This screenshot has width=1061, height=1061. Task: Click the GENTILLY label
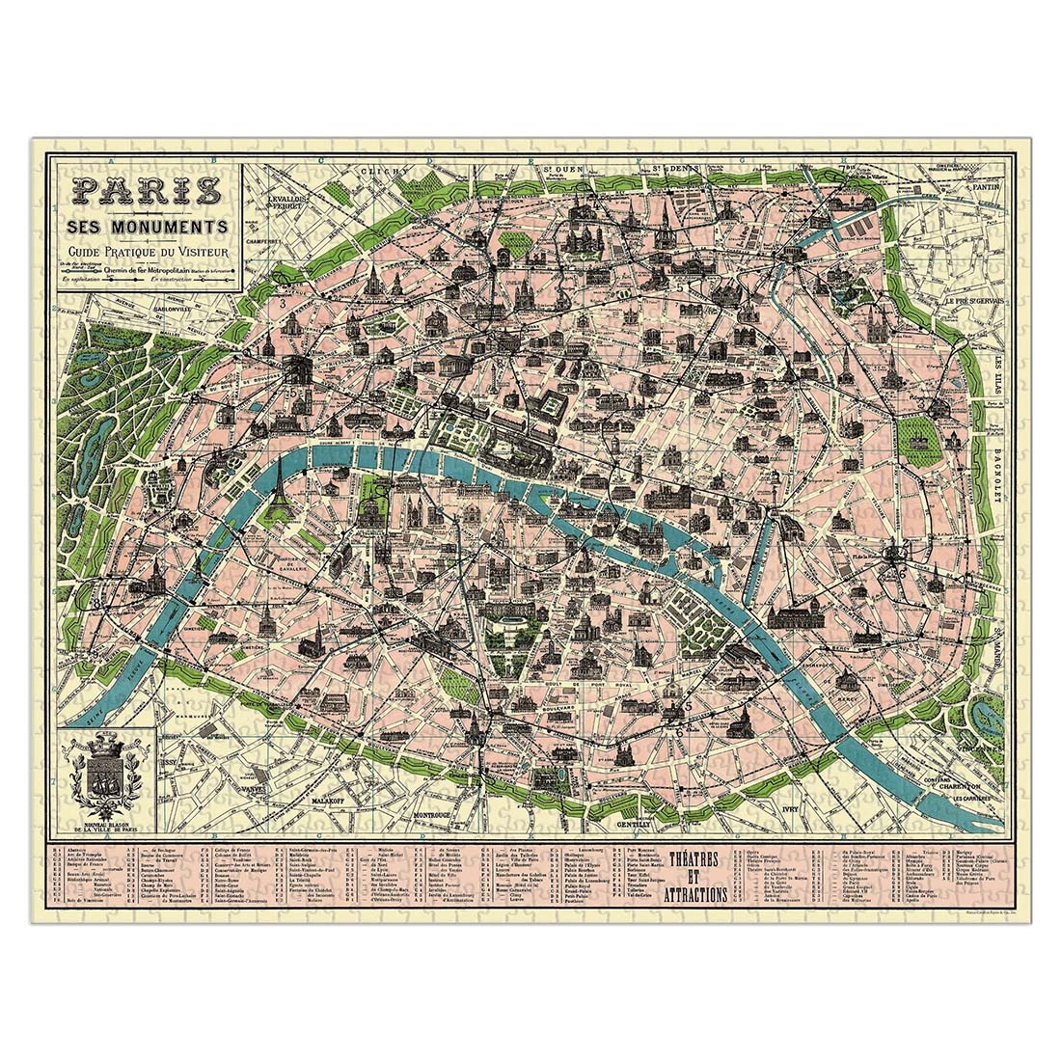point(635,827)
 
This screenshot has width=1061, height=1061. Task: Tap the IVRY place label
point(793,811)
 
